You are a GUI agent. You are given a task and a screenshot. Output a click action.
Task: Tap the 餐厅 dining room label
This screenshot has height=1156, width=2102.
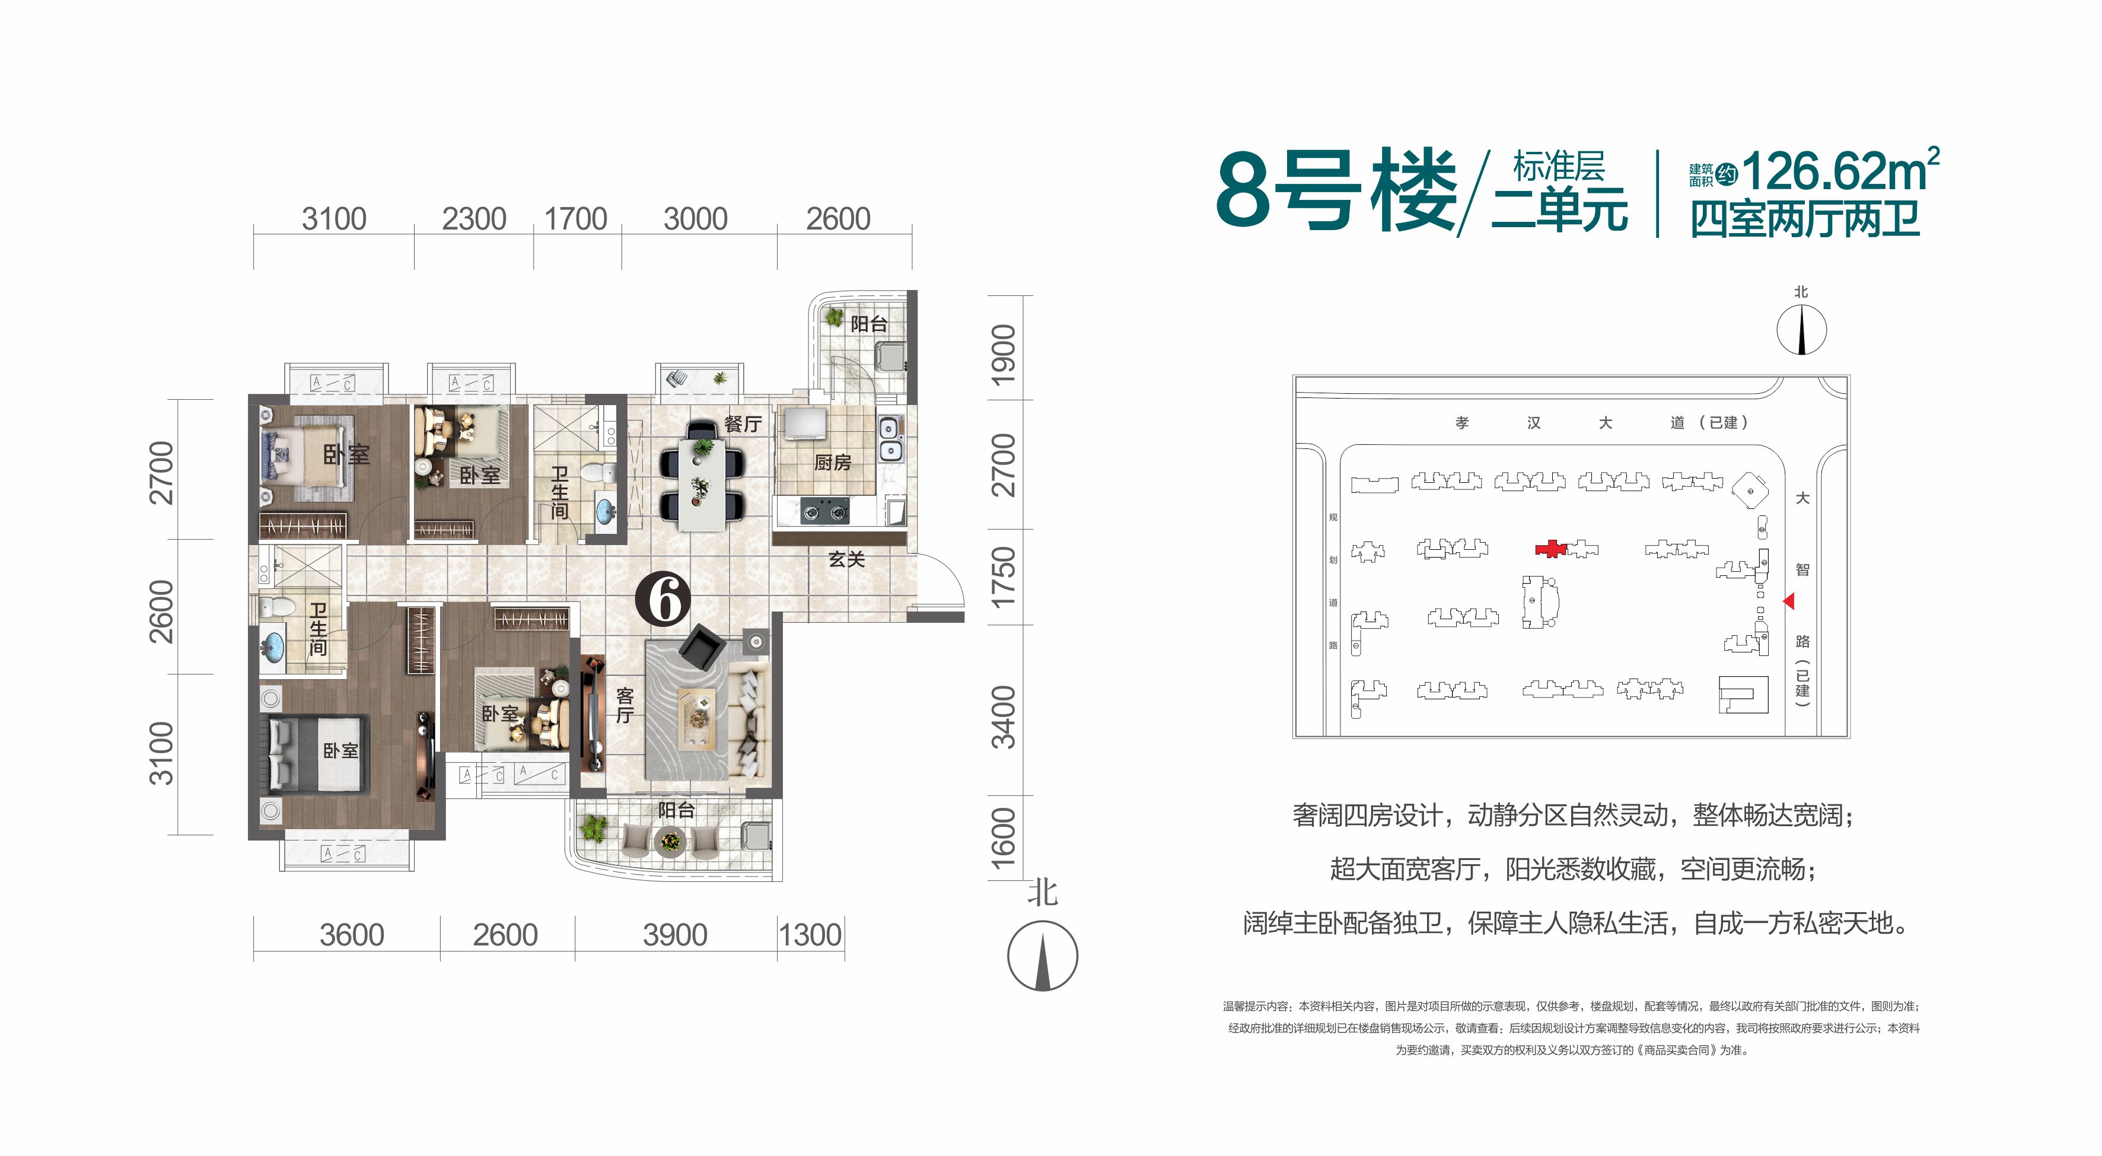click(x=743, y=424)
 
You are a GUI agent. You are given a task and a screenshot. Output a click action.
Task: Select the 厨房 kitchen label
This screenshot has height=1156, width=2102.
click(x=832, y=463)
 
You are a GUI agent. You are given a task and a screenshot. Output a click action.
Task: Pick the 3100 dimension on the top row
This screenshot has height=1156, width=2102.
click(x=334, y=219)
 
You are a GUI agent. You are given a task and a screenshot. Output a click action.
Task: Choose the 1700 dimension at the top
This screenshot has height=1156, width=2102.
click(x=575, y=219)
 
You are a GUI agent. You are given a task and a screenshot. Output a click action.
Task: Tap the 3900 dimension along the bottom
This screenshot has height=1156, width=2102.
click(x=675, y=935)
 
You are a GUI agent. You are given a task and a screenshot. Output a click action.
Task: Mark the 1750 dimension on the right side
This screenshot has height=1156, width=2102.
click(x=1004, y=577)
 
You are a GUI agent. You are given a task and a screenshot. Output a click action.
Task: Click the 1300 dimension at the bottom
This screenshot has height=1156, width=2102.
click(x=810, y=935)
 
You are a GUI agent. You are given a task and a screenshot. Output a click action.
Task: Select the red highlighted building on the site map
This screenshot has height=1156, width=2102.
click(x=1550, y=549)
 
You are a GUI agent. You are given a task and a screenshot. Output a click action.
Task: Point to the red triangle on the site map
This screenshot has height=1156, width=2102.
click(x=1789, y=601)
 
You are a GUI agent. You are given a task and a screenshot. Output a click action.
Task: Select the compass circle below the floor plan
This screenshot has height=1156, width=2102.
click(x=1042, y=956)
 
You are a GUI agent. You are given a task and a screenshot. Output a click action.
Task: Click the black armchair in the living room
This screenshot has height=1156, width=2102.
click(x=701, y=647)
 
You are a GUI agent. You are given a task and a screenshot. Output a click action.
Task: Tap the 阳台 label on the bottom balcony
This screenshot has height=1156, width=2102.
click(x=677, y=810)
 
